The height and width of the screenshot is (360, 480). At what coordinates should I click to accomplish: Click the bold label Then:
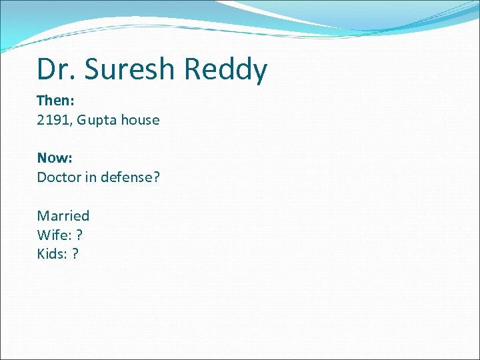[x=55, y=101]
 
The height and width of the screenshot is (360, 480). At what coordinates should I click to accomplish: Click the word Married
[x=63, y=216]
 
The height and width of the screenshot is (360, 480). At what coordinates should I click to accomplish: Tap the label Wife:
[x=53, y=235]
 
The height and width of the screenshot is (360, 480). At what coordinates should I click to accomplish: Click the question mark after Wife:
[x=80, y=235]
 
